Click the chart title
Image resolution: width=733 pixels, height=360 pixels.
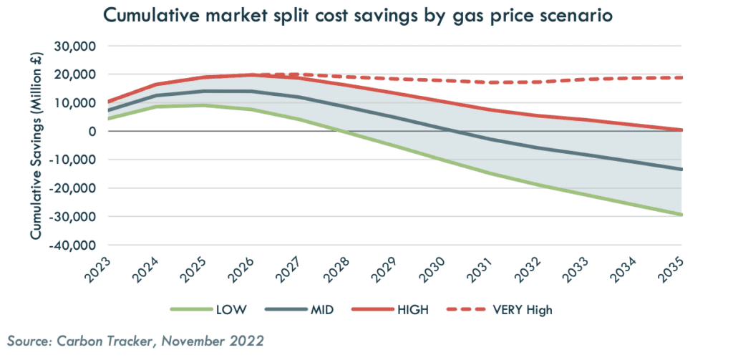(x=358, y=15)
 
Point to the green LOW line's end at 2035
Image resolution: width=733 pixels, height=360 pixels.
(x=681, y=215)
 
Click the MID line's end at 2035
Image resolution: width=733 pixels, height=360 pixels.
(x=681, y=170)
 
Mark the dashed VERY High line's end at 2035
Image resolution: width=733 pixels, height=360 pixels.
(x=681, y=77)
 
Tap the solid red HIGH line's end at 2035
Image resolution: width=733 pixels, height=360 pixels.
(x=681, y=130)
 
